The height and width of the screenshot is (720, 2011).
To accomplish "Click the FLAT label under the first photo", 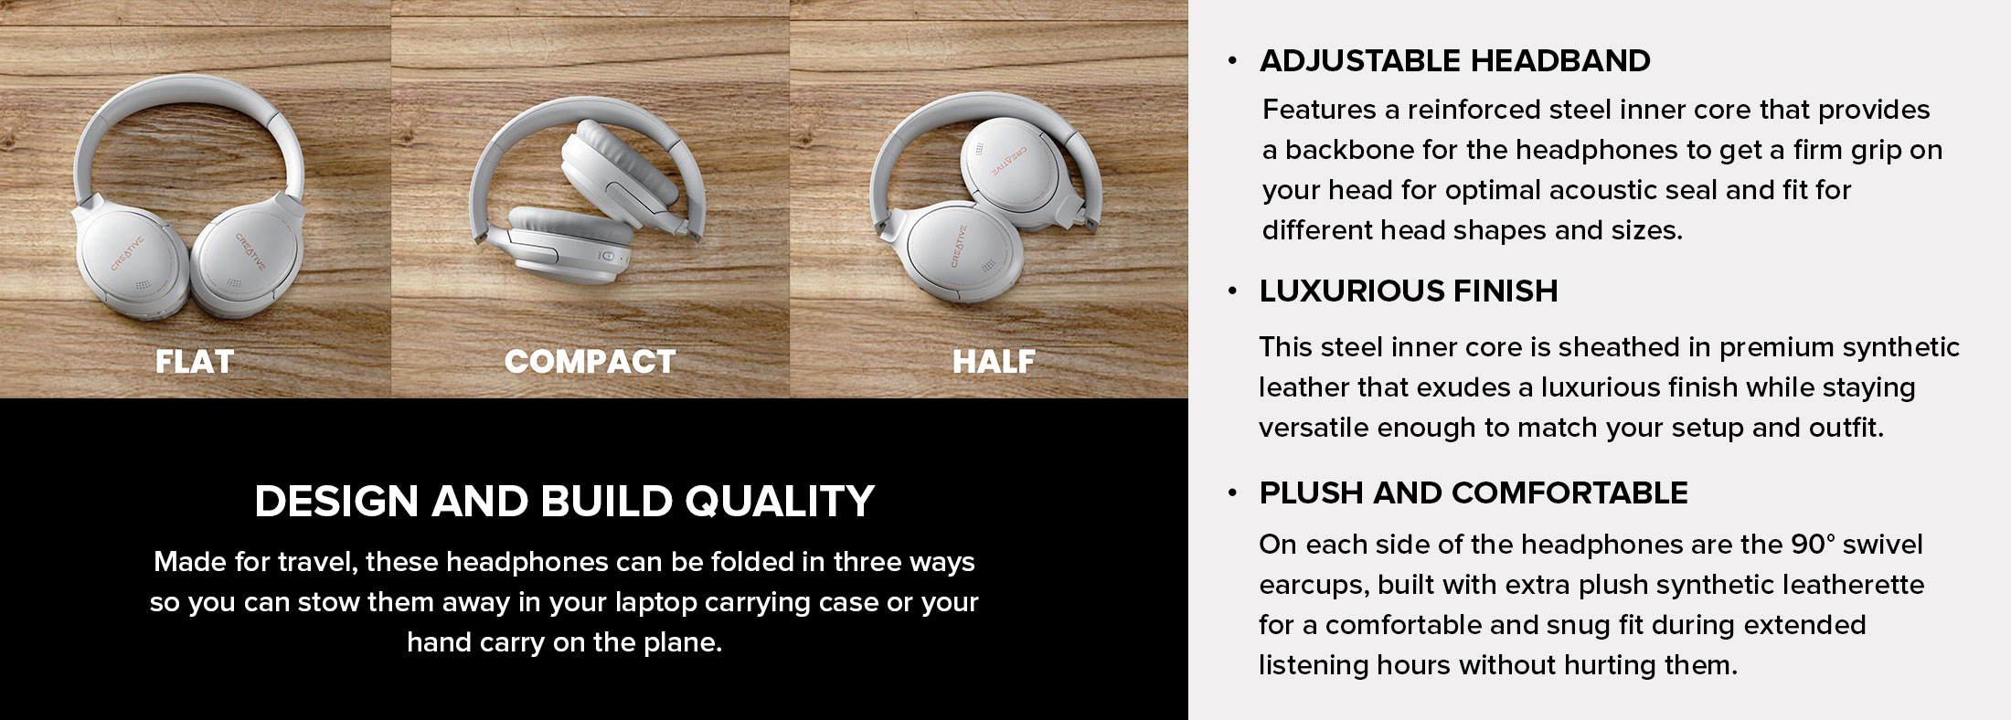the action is pos(195,362).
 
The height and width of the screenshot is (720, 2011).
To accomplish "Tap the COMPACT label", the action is pos(590,362).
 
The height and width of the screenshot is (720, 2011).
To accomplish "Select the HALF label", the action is pos(994,362).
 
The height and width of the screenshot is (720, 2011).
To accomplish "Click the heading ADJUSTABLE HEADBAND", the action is pos(1454,60).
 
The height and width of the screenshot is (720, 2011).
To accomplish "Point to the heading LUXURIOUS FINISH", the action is pos(1409,291).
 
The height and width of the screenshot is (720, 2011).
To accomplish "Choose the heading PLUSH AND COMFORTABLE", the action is pos(1474,492).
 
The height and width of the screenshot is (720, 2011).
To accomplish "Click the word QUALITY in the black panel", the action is pos(780,501).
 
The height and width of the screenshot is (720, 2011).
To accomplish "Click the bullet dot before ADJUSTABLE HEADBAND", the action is pos(1232,61).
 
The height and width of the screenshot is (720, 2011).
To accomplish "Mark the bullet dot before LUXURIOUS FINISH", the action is pos(1232,291).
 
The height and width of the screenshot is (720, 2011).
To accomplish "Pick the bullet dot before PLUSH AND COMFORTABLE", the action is pos(1232,493).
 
